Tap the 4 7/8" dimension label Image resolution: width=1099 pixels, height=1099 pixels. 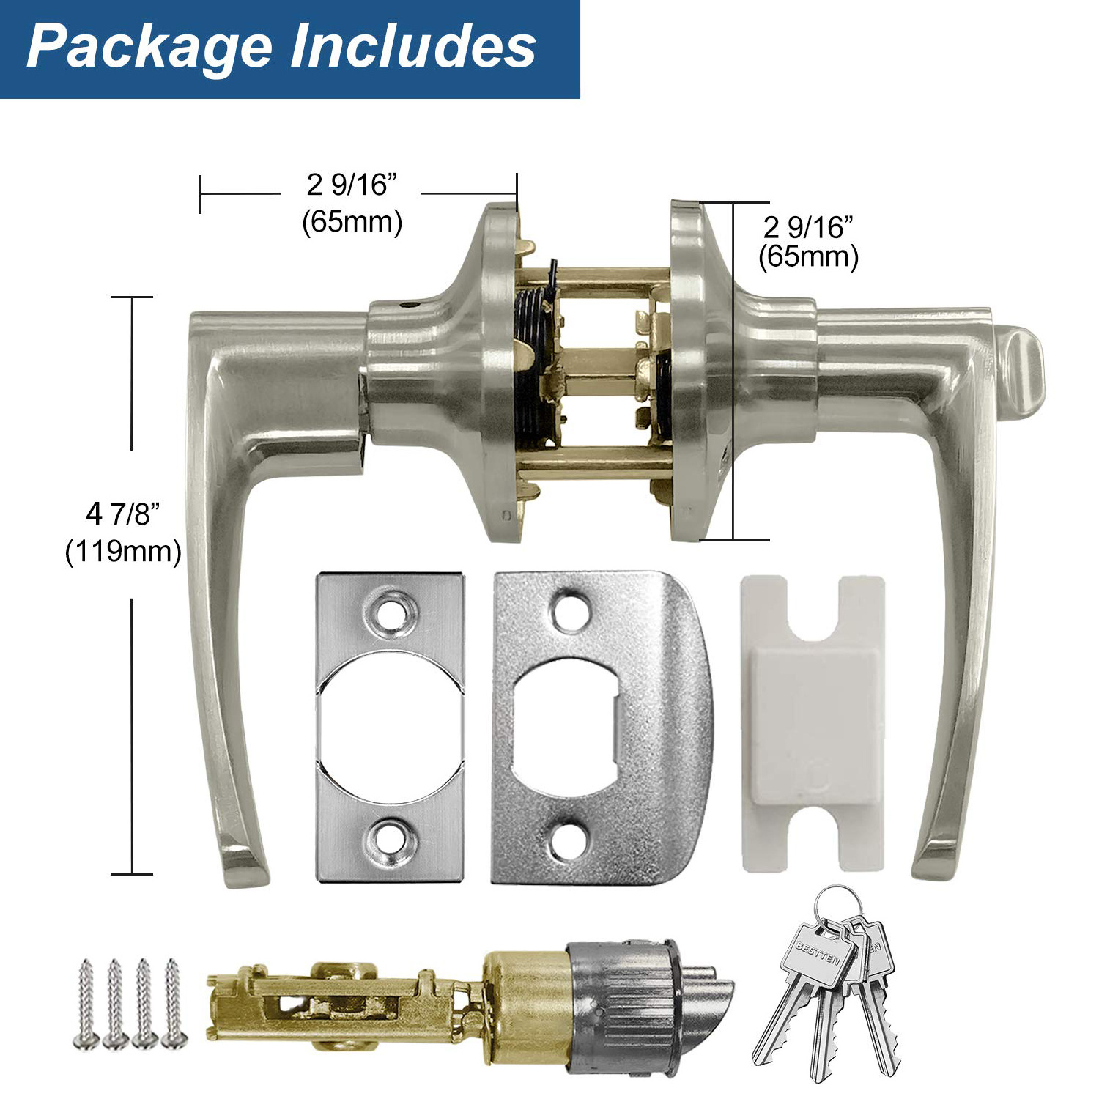pos(122,514)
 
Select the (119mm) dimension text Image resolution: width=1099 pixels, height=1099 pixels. pos(123,551)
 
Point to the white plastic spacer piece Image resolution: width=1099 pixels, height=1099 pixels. pos(813,724)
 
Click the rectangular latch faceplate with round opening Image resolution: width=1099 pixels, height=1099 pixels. pos(390,726)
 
